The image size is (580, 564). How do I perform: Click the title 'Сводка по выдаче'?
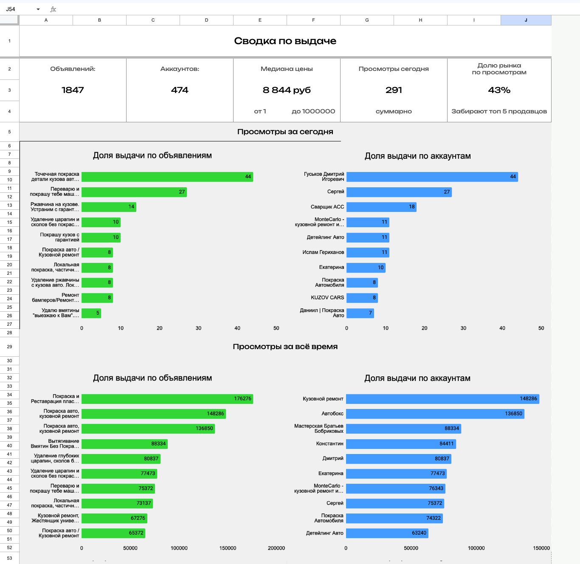(x=285, y=41)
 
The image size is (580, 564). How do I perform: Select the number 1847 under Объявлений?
(x=73, y=90)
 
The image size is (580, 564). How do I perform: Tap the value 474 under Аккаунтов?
(x=180, y=90)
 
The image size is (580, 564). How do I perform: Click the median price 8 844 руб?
(x=287, y=90)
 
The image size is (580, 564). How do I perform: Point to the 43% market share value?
(x=499, y=90)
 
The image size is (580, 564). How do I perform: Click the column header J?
(x=526, y=20)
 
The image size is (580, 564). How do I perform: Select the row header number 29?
(x=9, y=347)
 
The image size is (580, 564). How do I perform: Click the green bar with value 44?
(x=167, y=177)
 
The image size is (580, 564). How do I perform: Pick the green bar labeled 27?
(x=134, y=192)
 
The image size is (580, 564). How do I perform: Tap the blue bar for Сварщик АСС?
(x=381, y=207)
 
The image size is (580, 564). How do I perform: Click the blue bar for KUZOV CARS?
(x=362, y=298)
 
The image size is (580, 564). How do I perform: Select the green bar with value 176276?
(x=167, y=399)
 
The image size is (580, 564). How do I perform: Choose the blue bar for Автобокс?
(x=435, y=414)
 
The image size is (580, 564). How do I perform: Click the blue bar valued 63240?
(x=387, y=533)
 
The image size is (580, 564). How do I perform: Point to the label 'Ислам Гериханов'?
(x=323, y=252)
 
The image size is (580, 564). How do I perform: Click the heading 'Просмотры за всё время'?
(x=285, y=347)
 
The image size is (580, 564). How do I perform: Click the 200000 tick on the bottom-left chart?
(x=276, y=548)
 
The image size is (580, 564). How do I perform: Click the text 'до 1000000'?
(x=313, y=111)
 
